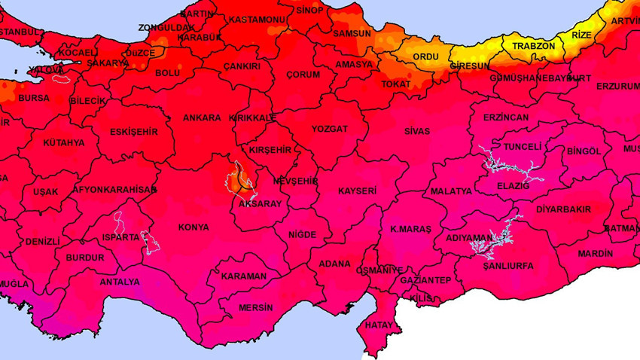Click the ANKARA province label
click(202, 117)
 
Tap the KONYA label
click(194, 227)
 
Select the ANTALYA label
click(120, 282)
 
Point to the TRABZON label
click(534, 46)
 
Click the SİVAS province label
click(416, 131)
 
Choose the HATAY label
click(379, 325)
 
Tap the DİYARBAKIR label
click(564, 209)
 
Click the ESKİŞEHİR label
click(134, 132)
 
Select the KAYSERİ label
click(357, 191)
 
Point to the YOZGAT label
click(330, 129)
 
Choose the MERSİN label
click(255, 307)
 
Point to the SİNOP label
click(309, 10)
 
